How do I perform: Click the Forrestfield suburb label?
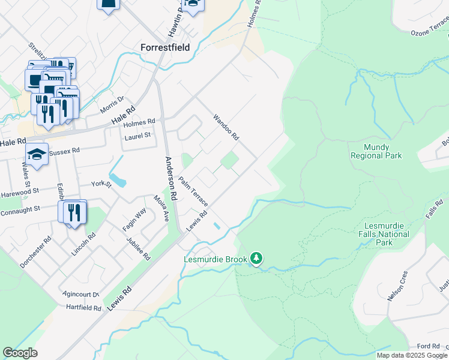pyautogui.click(x=164, y=47)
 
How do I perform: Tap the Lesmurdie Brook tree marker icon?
pyautogui.click(x=257, y=259)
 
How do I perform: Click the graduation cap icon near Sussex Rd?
pyautogui.click(x=36, y=155)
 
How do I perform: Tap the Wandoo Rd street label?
pyautogui.click(x=226, y=127)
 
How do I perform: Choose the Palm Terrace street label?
pyautogui.click(x=192, y=191)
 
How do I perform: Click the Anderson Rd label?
pyautogui.click(x=170, y=178)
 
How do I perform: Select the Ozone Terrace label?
pyautogui.click(x=429, y=32)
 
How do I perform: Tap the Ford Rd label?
pyautogui.click(x=429, y=346)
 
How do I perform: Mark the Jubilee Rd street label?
pyautogui.click(x=138, y=248)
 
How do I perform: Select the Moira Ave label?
pyautogui.click(x=160, y=207)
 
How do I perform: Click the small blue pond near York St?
pyautogui.click(x=118, y=179)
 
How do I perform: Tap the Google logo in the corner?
pyautogui.click(x=20, y=353)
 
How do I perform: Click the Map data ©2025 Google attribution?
pyautogui.click(x=411, y=355)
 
